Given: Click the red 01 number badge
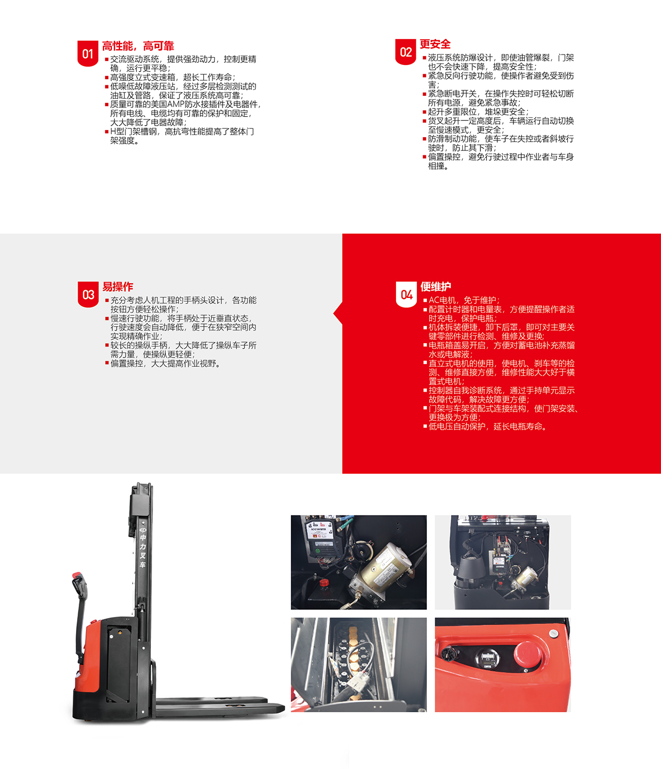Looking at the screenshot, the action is click(88, 53).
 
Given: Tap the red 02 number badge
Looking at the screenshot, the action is click(405, 52).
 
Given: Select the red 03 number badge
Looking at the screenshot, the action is click(88, 294).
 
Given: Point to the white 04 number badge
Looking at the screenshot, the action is click(407, 294).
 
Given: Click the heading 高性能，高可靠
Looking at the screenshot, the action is click(138, 46).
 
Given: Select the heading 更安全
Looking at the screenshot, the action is click(435, 44).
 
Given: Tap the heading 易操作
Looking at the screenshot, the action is click(118, 286).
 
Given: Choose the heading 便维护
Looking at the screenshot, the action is click(436, 286).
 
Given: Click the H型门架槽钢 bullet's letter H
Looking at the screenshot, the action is click(112, 132).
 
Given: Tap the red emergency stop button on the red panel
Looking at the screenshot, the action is click(527, 653).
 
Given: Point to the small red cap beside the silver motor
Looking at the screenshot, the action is click(324, 583).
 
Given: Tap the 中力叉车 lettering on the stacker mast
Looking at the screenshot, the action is click(143, 551).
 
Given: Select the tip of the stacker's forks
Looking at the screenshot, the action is click(284, 707).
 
